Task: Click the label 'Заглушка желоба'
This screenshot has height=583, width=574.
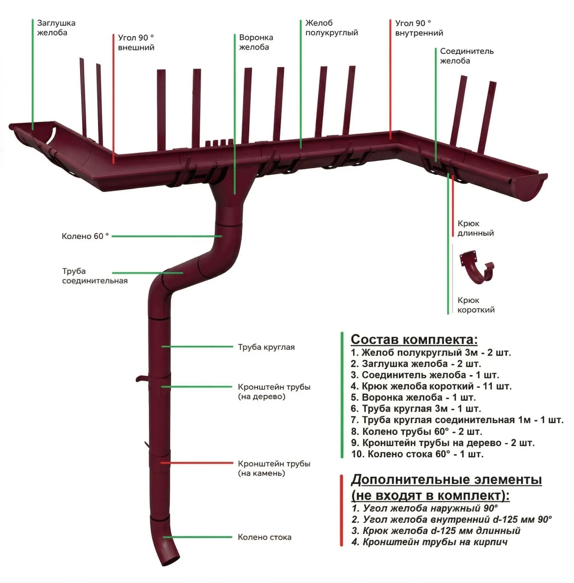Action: tap(56, 28)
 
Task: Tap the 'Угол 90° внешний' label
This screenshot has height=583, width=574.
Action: tap(136, 43)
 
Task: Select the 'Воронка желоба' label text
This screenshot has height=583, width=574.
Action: tap(256, 42)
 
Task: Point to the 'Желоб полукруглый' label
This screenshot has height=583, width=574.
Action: tap(332, 28)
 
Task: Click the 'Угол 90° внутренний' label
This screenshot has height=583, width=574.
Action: tap(419, 28)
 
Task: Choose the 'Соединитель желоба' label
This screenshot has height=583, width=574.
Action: tap(467, 56)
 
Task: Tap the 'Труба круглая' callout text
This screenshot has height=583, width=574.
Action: tap(266, 347)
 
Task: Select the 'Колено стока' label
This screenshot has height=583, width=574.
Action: tap(265, 537)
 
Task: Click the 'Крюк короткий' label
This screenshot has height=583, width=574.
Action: tap(476, 305)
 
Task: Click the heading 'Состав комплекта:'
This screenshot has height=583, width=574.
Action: tap(414, 339)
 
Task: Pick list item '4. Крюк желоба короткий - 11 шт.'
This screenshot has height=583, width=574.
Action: tap(431, 387)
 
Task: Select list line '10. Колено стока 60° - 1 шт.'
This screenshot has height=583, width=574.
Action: tap(417, 455)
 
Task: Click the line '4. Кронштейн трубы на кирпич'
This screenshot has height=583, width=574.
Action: tap(430, 542)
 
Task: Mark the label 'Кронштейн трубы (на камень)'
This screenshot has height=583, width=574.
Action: tap(274, 468)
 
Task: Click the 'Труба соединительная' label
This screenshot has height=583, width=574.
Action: tap(95, 276)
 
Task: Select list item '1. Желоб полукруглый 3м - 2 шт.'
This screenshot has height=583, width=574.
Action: tap(431, 353)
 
